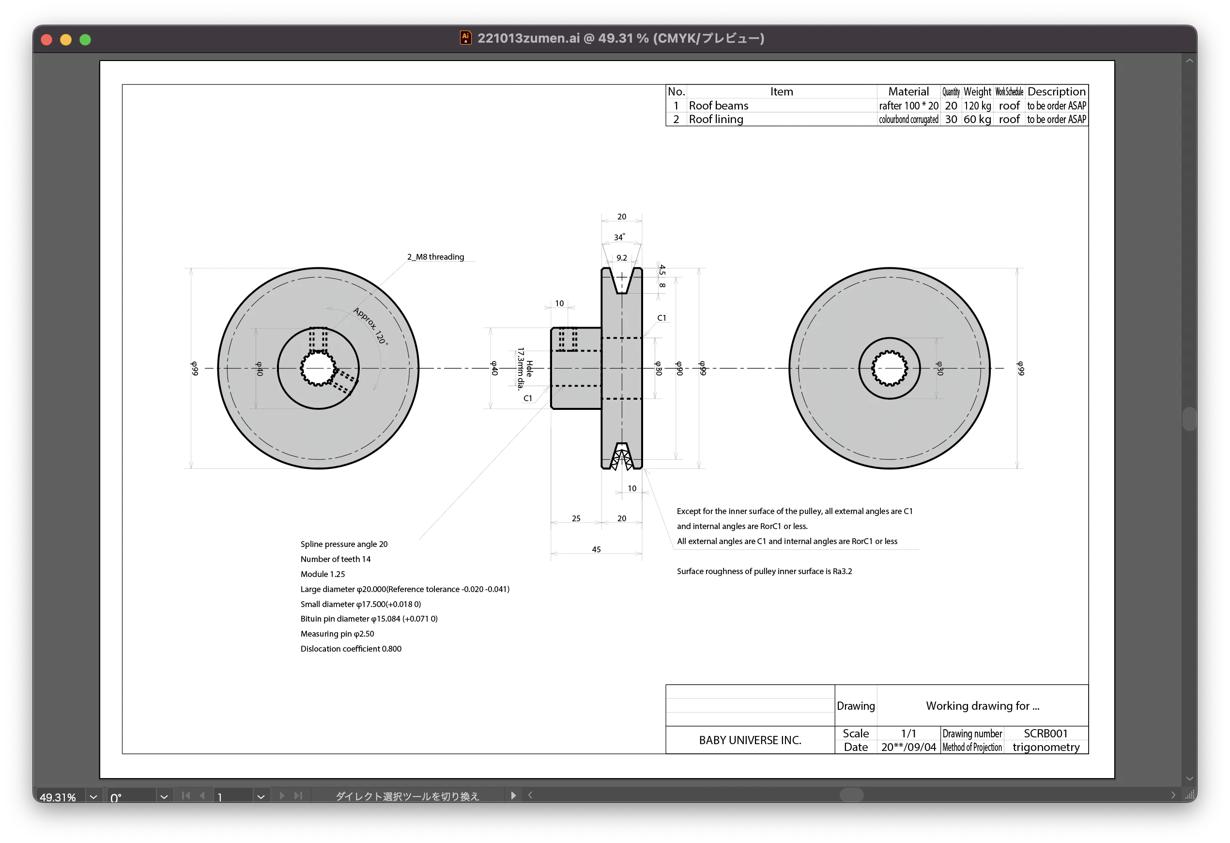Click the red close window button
46,40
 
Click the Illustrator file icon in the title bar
465,38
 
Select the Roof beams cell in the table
718,106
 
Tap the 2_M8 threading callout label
435,257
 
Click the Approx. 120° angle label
370,326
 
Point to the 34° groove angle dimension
619,237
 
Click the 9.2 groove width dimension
621,258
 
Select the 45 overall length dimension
596,549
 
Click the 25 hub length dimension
576,518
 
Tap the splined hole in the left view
318,368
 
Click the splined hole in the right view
889,368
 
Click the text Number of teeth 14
336,559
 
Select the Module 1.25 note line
323,574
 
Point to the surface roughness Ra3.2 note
764,571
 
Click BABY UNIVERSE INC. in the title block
750,740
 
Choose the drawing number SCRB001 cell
1045,734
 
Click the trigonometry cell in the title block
1045,747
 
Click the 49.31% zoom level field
58,797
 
